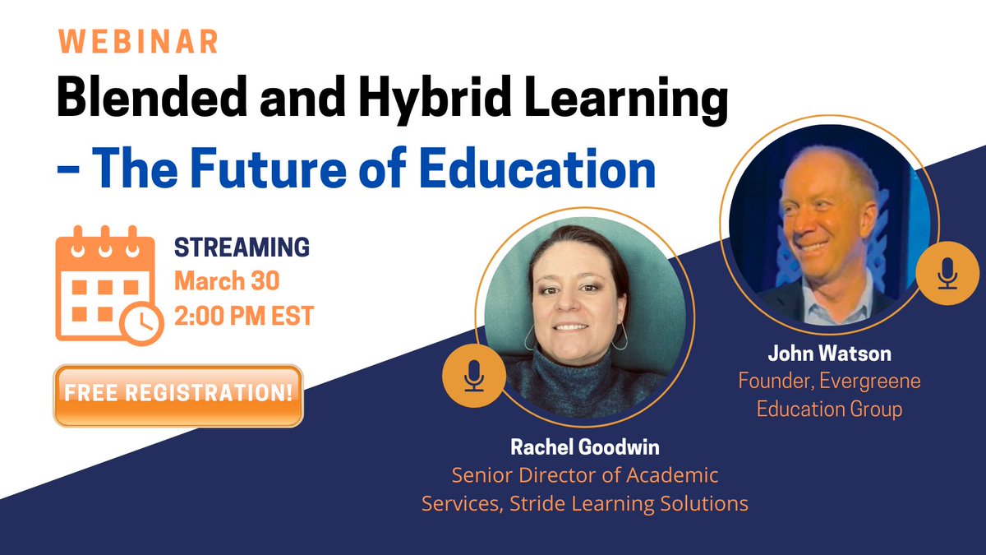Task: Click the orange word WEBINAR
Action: (x=138, y=41)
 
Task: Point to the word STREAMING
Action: (x=242, y=247)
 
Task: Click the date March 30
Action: (x=226, y=281)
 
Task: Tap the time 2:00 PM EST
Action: (x=243, y=316)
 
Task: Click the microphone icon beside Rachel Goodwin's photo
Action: (x=473, y=377)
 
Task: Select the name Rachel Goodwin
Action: (x=584, y=449)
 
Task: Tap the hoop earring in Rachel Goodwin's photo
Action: (x=622, y=336)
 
